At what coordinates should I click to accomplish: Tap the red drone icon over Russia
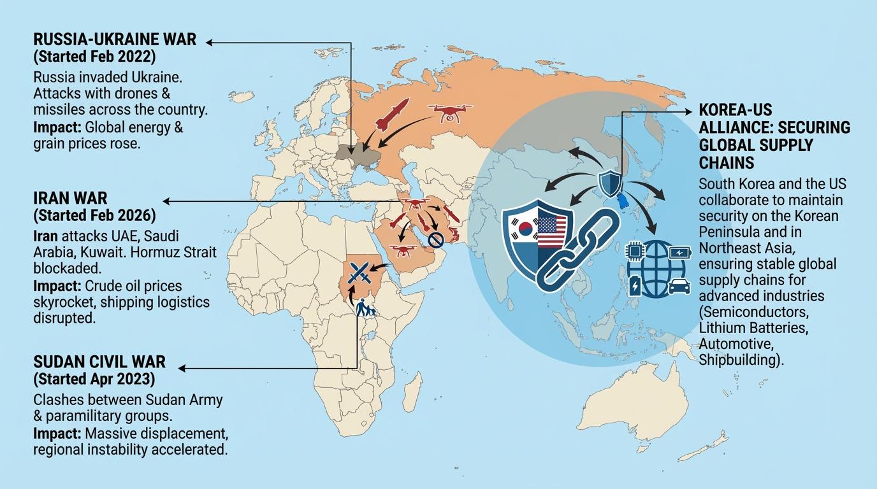[452, 112]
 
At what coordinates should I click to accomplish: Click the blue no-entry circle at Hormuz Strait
[436, 240]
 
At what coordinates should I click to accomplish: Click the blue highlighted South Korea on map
[620, 201]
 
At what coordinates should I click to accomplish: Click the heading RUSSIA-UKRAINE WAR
[115, 40]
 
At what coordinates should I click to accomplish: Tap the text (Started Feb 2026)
[94, 215]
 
